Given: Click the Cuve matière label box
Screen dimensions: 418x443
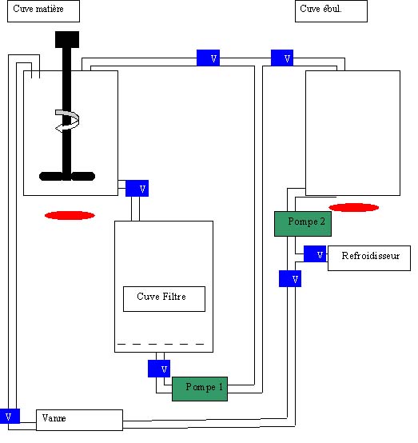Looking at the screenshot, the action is tap(43, 11).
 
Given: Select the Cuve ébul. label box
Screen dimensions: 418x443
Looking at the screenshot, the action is tap(331, 11).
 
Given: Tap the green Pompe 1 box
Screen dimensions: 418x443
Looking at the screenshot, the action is tap(200, 389).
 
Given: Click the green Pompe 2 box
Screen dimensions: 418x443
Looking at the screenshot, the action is tap(303, 224).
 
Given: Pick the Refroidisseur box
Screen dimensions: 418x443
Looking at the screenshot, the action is tap(369, 258).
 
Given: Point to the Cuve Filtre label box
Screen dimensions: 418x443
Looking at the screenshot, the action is tap(164, 299).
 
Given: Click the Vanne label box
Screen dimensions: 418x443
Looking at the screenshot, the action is tap(79, 420).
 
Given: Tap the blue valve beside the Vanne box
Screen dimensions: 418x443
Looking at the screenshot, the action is tap(10, 416).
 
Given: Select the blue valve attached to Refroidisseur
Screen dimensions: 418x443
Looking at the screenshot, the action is tap(315, 254).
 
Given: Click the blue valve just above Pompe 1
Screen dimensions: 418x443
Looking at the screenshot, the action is tap(159, 369).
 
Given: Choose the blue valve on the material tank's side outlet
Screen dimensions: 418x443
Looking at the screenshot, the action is tap(137, 188).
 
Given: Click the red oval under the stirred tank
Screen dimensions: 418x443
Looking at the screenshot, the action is tap(70, 216).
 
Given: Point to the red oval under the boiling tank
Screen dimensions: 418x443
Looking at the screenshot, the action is tap(354, 207).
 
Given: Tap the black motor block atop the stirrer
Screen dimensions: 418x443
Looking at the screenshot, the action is tap(67, 39).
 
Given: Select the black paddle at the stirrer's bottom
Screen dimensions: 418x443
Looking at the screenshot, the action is tap(67, 176).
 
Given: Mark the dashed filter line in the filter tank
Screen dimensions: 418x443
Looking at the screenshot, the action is tap(161, 344).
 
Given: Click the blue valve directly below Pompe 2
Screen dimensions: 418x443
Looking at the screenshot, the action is tap(290, 278).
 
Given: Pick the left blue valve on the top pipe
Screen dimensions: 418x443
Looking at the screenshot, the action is tap(208, 58).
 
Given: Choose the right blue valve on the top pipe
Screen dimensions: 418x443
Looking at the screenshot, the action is tap(282, 58).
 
